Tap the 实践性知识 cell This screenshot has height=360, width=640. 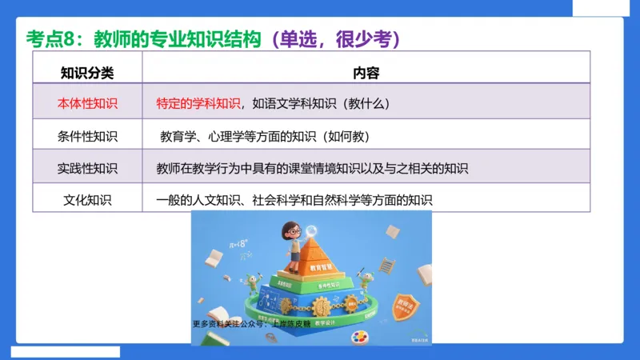(88, 168)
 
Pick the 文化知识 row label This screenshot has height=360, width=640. (88, 199)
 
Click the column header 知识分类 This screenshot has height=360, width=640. (88, 73)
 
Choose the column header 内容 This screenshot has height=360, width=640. (366, 73)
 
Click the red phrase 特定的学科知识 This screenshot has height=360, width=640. (198, 103)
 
